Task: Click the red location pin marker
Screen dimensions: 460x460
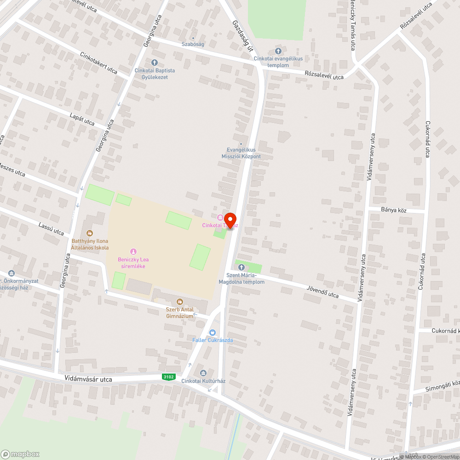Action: (x=230, y=219)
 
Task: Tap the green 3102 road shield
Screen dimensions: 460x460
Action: (x=169, y=377)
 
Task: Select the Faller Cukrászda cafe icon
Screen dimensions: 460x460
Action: (x=212, y=333)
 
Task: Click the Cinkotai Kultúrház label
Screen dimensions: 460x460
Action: (x=203, y=381)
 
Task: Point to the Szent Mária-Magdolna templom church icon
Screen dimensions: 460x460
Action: (x=241, y=267)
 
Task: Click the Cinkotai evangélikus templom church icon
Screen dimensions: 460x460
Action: (x=278, y=51)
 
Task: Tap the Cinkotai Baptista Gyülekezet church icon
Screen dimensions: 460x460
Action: (x=154, y=63)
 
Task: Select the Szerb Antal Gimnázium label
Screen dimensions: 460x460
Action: (x=180, y=313)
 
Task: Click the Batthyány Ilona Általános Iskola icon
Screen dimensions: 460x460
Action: (x=89, y=233)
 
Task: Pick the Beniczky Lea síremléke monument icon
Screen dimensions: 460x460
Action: (x=133, y=251)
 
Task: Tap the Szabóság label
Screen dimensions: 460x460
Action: (x=193, y=44)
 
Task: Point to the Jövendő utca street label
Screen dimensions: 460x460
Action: (x=322, y=291)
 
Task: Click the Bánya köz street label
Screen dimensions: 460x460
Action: (x=394, y=210)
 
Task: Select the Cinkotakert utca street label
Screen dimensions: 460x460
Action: (x=99, y=63)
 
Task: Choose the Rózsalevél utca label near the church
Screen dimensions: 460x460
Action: (x=324, y=75)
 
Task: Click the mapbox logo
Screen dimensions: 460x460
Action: (x=20, y=454)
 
